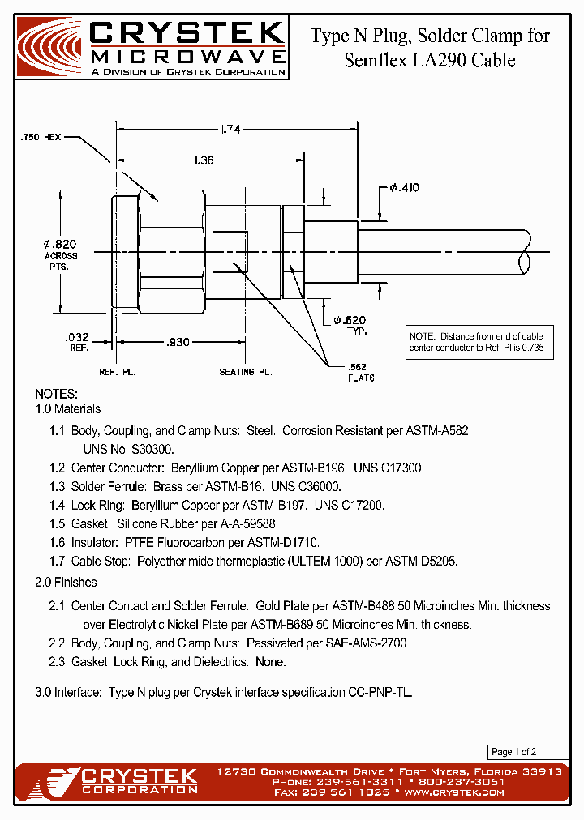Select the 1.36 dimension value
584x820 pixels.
pyautogui.click(x=204, y=160)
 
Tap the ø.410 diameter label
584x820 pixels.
pyautogui.click(x=404, y=187)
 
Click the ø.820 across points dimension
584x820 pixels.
pyautogui.click(x=60, y=245)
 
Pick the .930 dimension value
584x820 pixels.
pyautogui.click(x=178, y=342)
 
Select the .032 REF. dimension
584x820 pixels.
pyautogui.click(x=78, y=341)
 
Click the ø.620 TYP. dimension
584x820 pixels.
pyautogui.click(x=350, y=324)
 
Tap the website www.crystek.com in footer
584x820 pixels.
pyautogui.click(x=454, y=792)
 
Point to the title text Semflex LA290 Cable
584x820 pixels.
pyautogui.click(x=430, y=60)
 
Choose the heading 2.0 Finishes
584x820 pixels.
pyautogui.click(x=67, y=582)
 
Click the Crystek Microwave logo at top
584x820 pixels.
pyautogui.click(x=152, y=47)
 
